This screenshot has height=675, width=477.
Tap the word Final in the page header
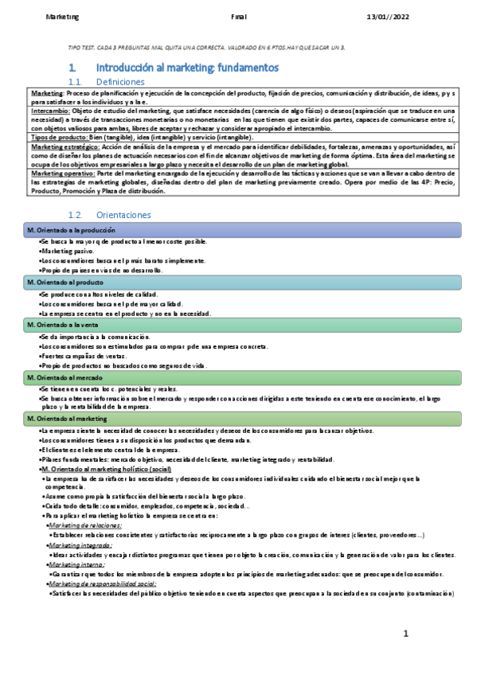click(239, 16)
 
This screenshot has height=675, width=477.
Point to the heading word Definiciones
click(120, 82)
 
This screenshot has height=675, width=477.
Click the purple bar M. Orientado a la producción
click(239, 230)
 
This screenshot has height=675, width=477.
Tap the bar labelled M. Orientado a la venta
click(239, 325)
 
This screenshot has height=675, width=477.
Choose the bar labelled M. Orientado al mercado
click(239, 377)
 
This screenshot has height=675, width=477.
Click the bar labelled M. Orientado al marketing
click(239, 418)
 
